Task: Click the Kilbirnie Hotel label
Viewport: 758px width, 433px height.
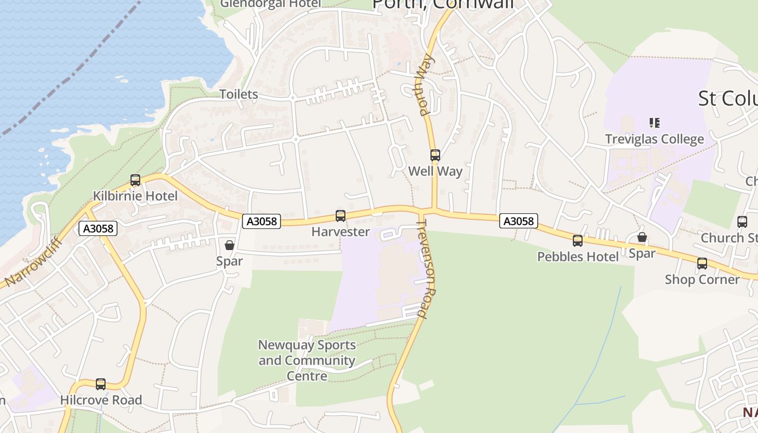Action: click(135, 196)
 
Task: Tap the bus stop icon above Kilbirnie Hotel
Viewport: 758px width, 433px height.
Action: click(135, 180)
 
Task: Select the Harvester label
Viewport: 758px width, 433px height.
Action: click(341, 232)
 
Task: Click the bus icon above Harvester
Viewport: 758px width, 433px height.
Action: click(341, 216)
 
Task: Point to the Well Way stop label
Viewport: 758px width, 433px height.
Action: click(435, 172)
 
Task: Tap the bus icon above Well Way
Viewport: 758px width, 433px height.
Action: click(435, 155)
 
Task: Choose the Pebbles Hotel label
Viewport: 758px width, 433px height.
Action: click(578, 257)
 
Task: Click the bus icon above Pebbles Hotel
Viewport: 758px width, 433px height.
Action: click(578, 241)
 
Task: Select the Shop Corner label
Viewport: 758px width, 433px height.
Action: click(702, 279)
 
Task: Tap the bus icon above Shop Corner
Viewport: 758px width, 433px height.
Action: click(702, 264)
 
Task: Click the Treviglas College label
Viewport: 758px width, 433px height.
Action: click(655, 139)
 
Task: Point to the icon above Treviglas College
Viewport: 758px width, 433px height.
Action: click(655, 123)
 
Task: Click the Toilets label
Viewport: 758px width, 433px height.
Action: click(239, 94)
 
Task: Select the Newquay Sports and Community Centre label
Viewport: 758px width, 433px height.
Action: click(307, 360)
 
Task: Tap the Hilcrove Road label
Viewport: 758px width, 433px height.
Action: click(101, 400)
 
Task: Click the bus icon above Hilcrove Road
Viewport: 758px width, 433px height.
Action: click(101, 384)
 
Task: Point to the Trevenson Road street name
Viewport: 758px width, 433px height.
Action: click(429, 268)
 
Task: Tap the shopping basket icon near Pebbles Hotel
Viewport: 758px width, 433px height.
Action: click(642, 237)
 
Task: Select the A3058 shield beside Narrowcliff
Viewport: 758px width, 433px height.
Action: click(98, 228)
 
